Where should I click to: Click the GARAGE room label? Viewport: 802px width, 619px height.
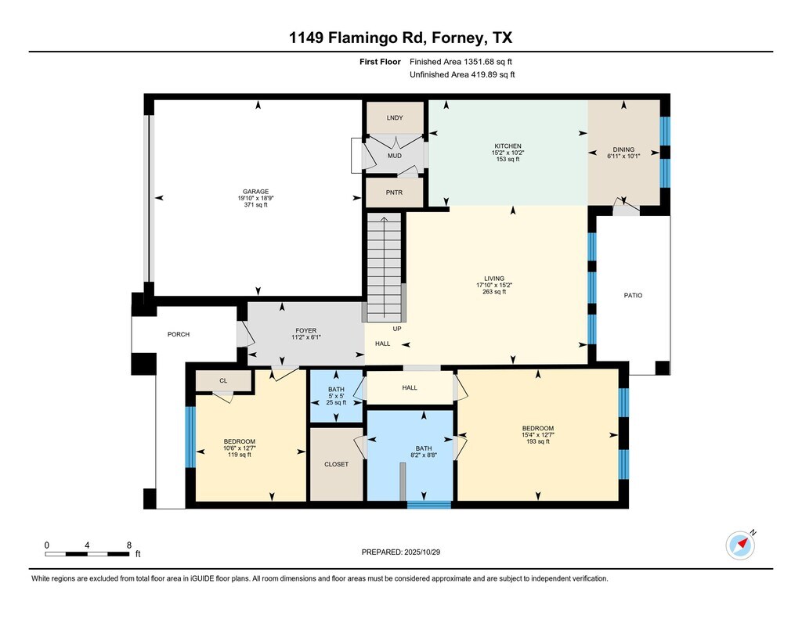pyautogui.click(x=256, y=192)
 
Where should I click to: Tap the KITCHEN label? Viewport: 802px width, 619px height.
pyautogui.click(x=508, y=146)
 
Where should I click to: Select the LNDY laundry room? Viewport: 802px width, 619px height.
pyautogui.click(x=395, y=117)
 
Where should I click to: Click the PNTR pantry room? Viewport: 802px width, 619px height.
pyautogui.click(x=395, y=193)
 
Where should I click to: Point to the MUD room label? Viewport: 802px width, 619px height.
pyautogui.click(x=395, y=156)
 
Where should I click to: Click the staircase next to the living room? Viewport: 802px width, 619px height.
pyautogui.click(x=384, y=268)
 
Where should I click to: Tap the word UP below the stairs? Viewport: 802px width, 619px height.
pyautogui.click(x=397, y=329)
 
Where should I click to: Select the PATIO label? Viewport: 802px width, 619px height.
pyautogui.click(x=633, y=296)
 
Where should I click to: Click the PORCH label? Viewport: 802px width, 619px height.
pyautogui.click(x=179, y=334)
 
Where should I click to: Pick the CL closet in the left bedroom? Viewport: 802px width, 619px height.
pyautogui.click(x=223, y=381)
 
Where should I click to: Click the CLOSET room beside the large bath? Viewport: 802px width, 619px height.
pyautogui.click(x=337, y=464)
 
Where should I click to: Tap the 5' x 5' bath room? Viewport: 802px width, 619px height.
pyautogui.click(x=337, y=397)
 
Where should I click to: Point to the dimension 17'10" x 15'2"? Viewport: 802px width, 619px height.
pyautogui.click(x=494, y=285)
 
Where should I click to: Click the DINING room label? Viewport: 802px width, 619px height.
pyautogui.click(x=623, y=149)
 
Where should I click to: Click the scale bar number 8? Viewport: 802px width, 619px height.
pyautogui.click(x=129, y=545)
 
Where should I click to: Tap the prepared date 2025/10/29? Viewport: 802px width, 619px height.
pyautogui.click(x=422, y=552)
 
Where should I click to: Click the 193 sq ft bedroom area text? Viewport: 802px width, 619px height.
pyautogui.click(x=537, y=441)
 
